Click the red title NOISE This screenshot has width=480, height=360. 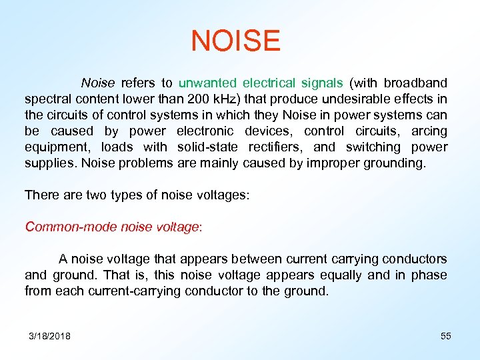pos(235,41)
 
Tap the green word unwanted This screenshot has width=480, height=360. pos(207,83)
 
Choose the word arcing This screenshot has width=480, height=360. pos(429,131)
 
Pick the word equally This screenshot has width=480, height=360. pos(339,275)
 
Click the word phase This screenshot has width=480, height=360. pos(429,275)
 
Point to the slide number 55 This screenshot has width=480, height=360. pos(446,337)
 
